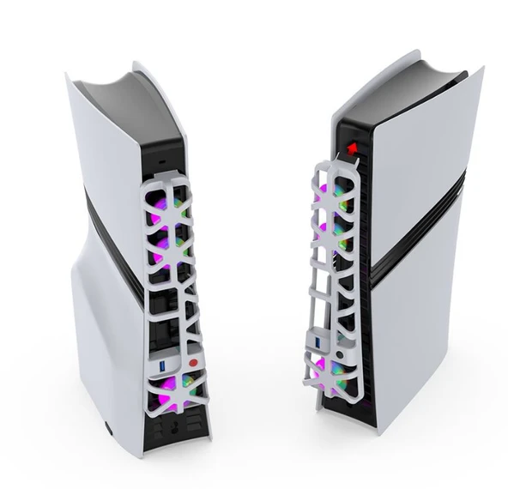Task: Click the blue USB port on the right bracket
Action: pyautogui.click(x=316, y=345)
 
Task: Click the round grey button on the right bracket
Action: pyautogui.click(x=342, y=353)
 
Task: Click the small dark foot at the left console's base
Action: pyautogui.click(x=106, y=422)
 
